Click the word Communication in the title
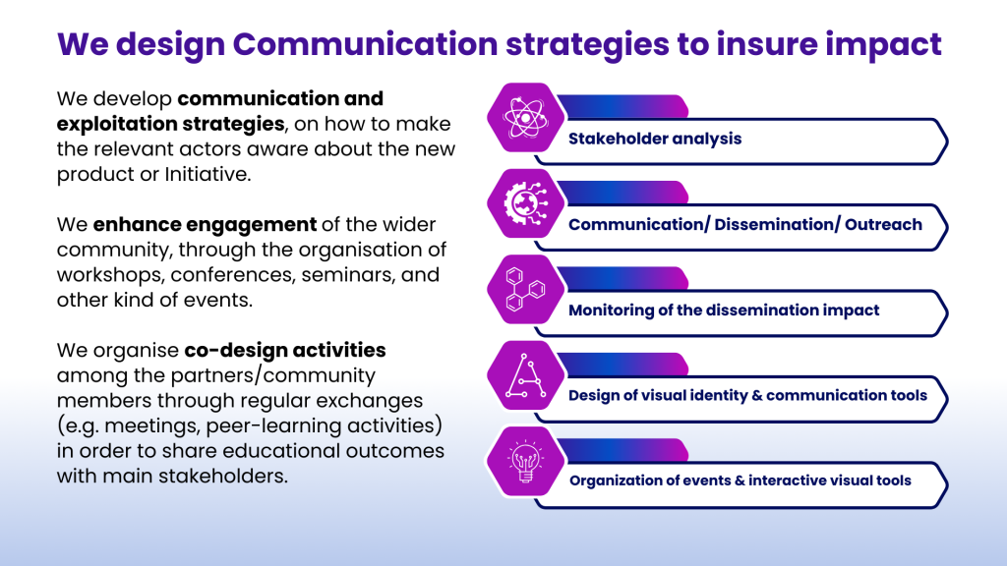click(365, 43)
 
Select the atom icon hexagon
click(525, 118)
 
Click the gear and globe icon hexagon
click(525, 203)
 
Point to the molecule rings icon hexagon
click(525, 290)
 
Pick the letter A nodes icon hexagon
click(525, 375)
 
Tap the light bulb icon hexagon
click(525, 462)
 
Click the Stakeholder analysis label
click(655, 139)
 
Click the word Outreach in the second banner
click(883, 225)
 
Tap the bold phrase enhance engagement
click(205, 225)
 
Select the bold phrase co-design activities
click(285, 351)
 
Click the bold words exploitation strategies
click(171, 124)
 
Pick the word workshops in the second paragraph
click(110, 275)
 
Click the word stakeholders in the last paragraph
click(223, 477)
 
